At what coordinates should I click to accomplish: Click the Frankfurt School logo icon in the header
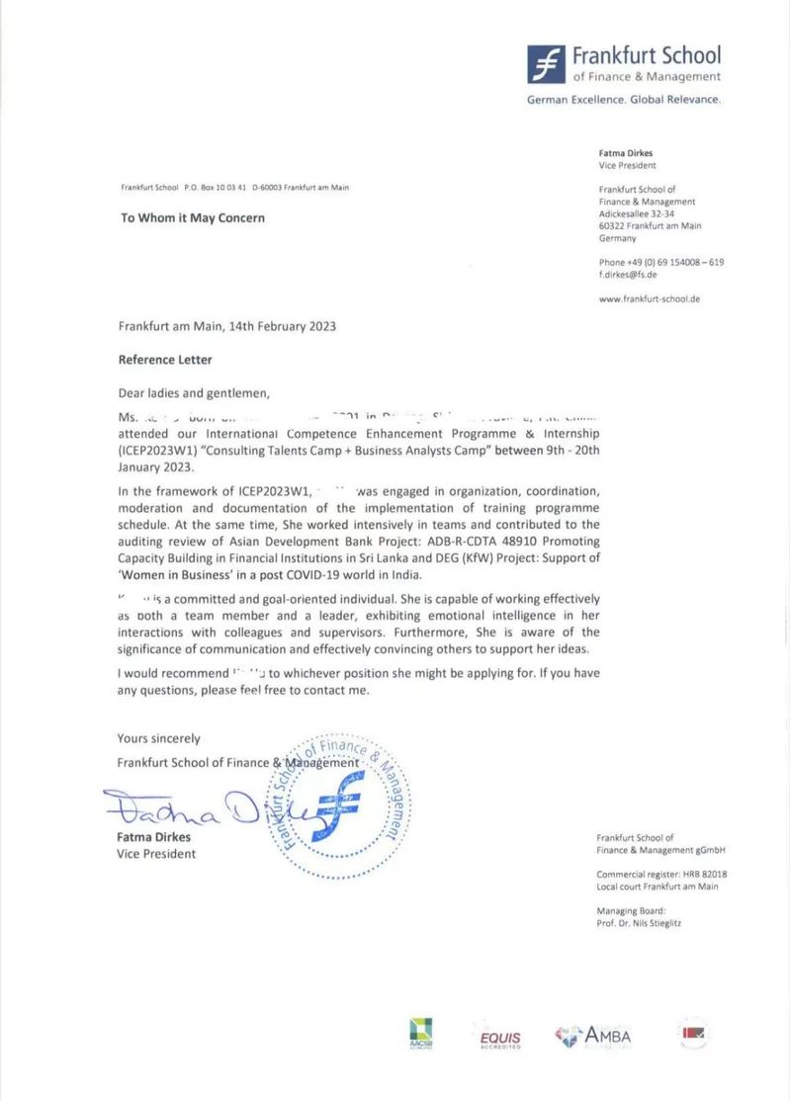click(547, 63)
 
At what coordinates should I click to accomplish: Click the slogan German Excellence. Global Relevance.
click(624, 100)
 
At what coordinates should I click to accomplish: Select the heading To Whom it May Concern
click(193, 218)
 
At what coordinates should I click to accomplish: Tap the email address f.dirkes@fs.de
click(628, 275)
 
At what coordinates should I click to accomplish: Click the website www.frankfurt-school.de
click(649, 298)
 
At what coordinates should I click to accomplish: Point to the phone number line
click(660, 262)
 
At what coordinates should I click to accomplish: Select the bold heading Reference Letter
click(165, 360)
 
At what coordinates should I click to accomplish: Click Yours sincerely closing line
click(158, 738)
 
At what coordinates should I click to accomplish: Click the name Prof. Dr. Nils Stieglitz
click(639, 923)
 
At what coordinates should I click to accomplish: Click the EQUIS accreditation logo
click(499, 1038)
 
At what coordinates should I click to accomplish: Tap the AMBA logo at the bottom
click(593, 1036)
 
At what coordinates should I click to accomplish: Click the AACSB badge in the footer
click(421, 1034)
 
